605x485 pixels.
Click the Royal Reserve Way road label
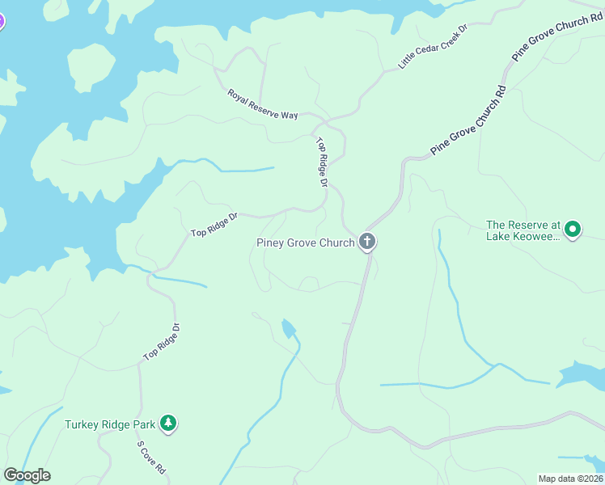(x=263, y=104)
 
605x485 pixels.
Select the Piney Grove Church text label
(x=305, y=242)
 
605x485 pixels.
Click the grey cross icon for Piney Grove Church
(x=367, y=241)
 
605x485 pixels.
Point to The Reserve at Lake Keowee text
(x=522, y=230)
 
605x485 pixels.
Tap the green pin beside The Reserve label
(x=573, y=230)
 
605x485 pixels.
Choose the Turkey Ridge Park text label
(x=110, y=424)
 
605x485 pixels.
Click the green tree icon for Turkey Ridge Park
(x=167, y=423)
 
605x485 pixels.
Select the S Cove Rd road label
(x=151, y=457)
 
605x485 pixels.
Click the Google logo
(x=27, y=475)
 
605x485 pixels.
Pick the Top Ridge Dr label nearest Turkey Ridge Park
(x=162, y=343)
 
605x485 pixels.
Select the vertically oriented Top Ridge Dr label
(x=321, y=162)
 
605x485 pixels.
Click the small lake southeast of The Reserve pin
(x=581, y=373)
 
